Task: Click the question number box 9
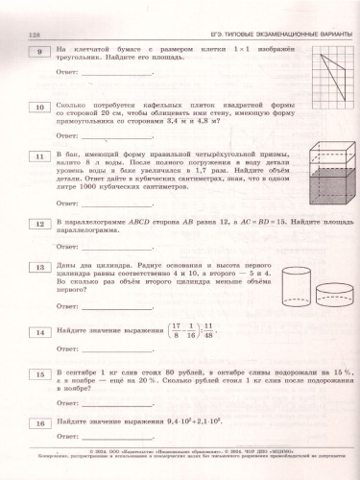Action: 40,51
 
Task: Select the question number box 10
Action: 40,108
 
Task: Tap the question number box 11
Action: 40,156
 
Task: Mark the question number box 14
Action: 40,332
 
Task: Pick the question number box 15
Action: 40,375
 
